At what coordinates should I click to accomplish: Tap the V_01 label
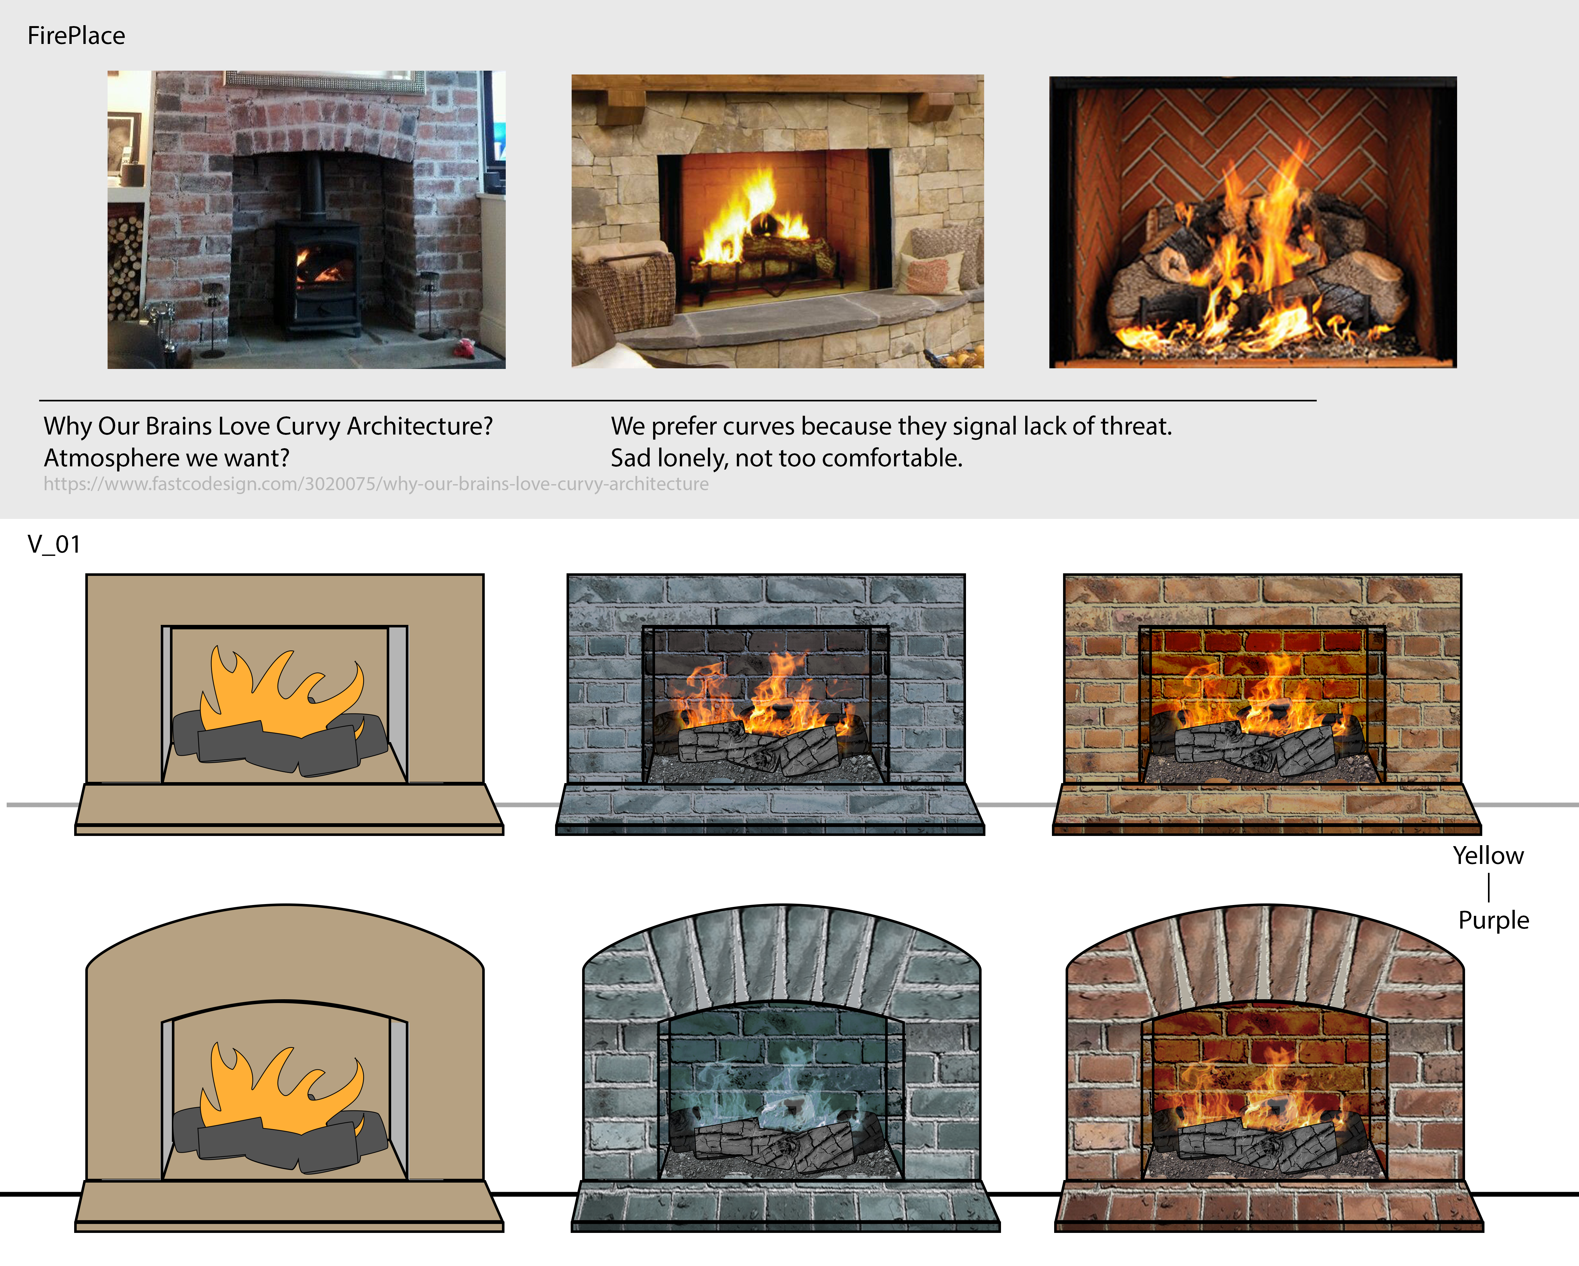pyautogui.click(x=53, y=544)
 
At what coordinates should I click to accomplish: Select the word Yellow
pyautogui.click(x=1488, y=856)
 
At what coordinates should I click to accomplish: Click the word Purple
pyautogui.click(x=1493, y=920)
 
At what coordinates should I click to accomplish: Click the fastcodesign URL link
pyautogui.click(x=376, y=484)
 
